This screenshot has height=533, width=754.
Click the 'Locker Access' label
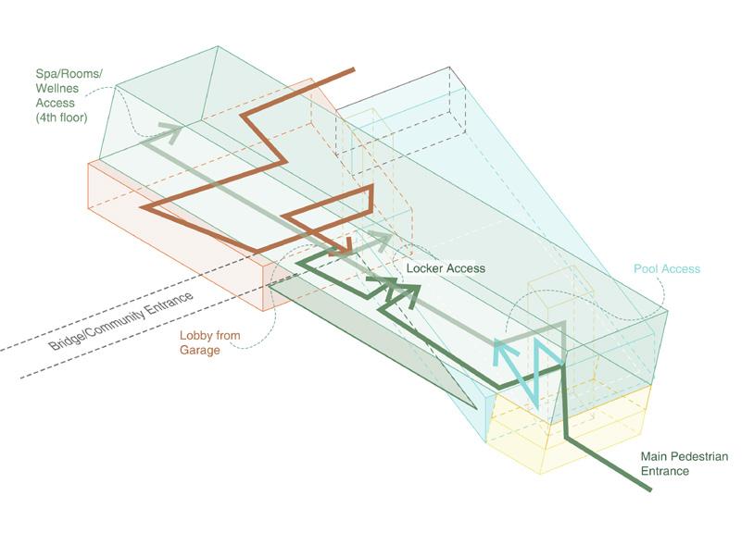pos(446,268)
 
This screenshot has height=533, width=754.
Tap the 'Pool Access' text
pos(667,269)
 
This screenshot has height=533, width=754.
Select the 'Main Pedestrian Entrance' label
pos(685,464)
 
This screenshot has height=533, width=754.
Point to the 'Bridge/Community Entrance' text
pos(121,321)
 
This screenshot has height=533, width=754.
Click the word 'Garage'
pos(199,351)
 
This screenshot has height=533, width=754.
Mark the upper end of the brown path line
pos(353,70)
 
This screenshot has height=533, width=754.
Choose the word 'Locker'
pos(427,268)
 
